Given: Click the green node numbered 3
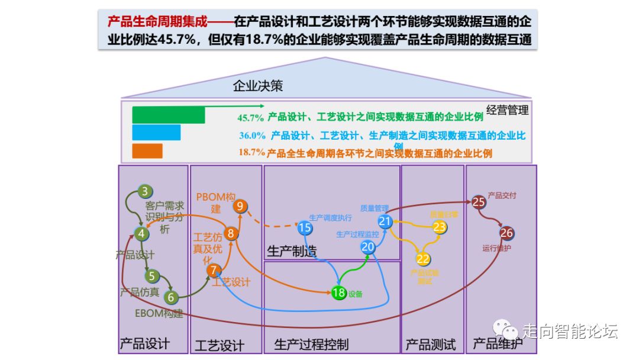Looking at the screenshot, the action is [x=145, y=191].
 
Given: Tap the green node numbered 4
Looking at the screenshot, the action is [x=141, y=233].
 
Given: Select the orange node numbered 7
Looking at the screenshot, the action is [x=213, y=271].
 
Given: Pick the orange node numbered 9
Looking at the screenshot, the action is [x=240, y=206].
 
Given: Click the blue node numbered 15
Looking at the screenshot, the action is [x=305, y=227].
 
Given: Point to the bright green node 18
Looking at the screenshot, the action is [x=338, y=292].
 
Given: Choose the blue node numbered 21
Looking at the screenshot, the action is [x=385, y=221].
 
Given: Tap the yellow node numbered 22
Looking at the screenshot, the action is [x=423, y=258].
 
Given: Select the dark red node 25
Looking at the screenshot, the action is [x=479, y=202].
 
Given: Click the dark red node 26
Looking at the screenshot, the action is [x=506, y=233].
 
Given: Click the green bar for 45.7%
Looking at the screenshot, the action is [x=169, y=115].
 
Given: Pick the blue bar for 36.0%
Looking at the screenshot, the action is [x=156, y=133].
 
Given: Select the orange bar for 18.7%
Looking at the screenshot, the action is [x=147, y=151].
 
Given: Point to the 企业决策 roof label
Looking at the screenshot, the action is [x=258, y=86].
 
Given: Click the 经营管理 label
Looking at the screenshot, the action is [x=507, y=110].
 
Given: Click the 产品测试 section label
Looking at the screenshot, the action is [x=431, y=344].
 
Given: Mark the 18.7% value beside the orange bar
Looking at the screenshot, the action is [x=251, y=152].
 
